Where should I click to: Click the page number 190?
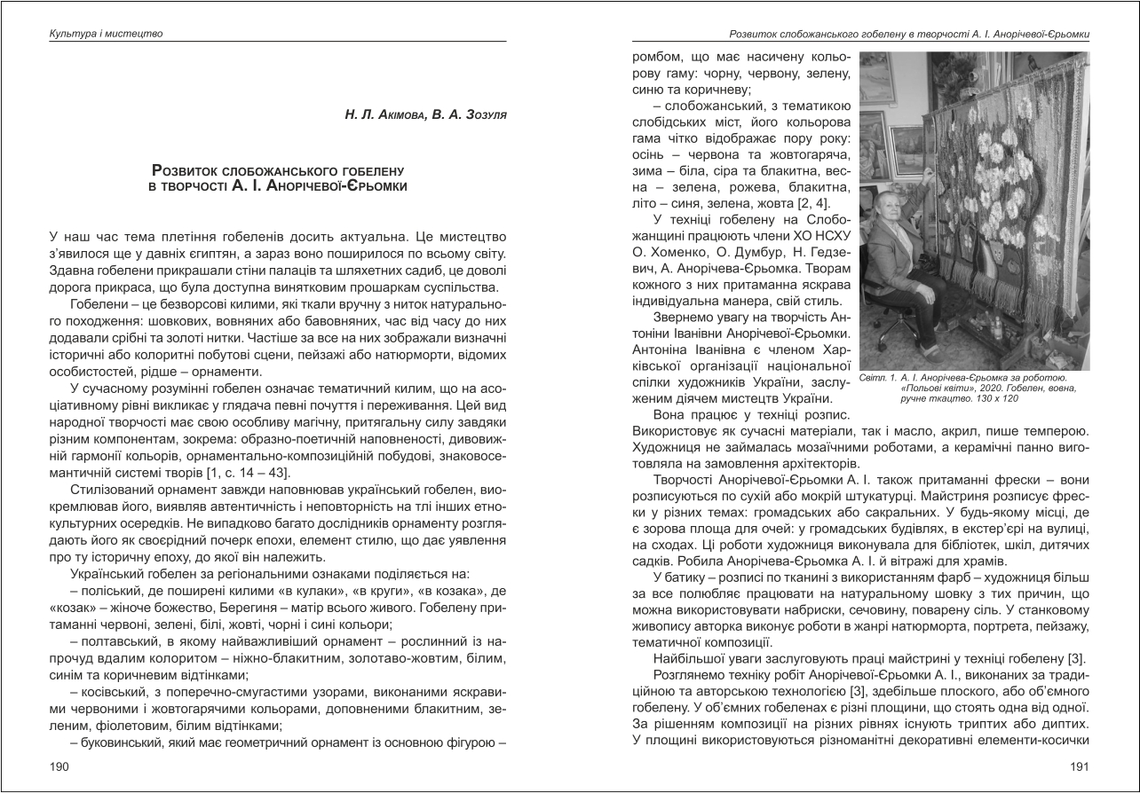(59, 766)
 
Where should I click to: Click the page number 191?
(1080, 766)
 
